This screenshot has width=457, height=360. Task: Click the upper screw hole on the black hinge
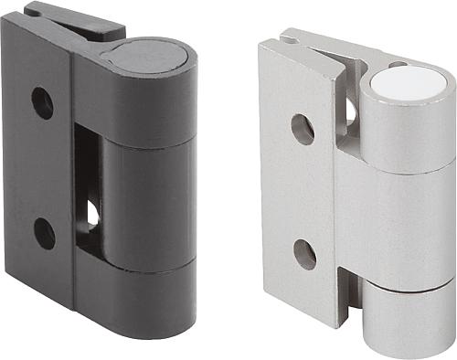pyautogui.click(x=42, y=102)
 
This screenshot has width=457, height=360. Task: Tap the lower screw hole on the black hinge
pyautogui.click(x=45, y=233)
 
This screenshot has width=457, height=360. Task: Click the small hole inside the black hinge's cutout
pyautogui.click(x=92, y=213)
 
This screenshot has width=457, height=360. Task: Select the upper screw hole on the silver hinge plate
pyautogui.click(x=303, y=128)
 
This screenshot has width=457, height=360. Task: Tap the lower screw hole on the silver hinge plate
pyautogui.click(x=305, y=253)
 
